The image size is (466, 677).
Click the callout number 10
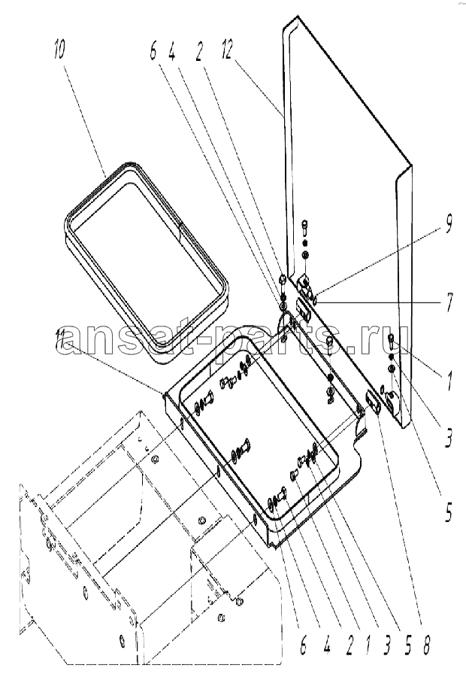[59, 49]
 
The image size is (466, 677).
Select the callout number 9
[448, 226]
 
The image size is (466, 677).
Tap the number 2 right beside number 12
[198, 50]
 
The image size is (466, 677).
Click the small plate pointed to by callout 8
[371, 400]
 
